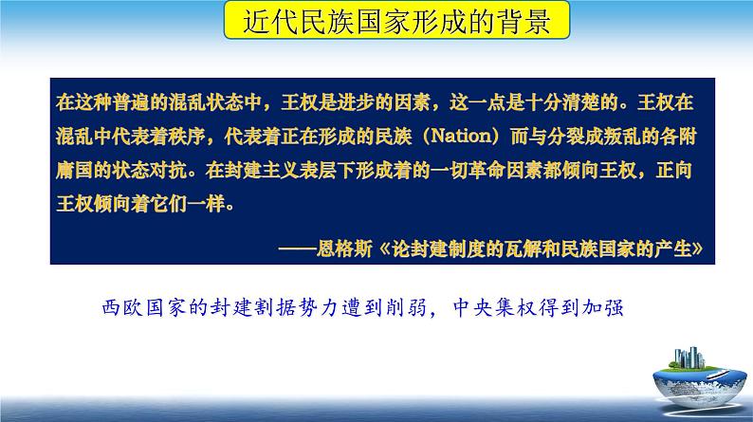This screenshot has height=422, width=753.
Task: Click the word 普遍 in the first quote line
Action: [x=131, y=102]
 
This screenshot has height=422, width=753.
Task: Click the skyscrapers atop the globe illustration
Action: [x=689, y=358]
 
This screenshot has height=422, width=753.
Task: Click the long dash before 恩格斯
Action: [x=297, y=249]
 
